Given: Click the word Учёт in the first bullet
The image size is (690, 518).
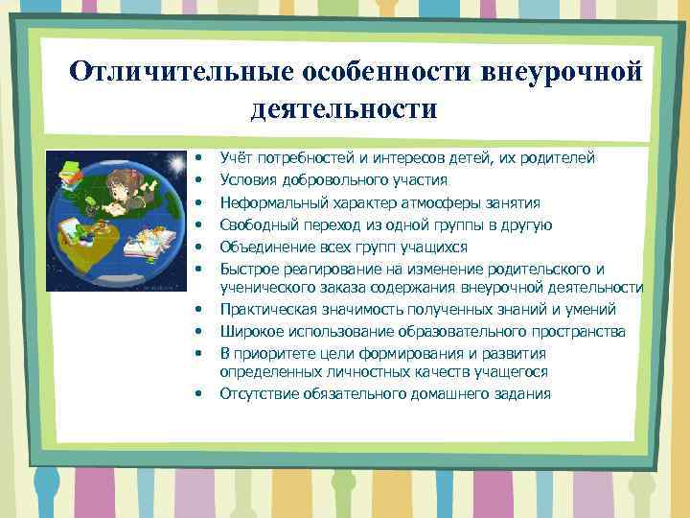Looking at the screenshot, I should click(x=237, y=157).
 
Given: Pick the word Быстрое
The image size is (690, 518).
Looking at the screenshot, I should click(x=247, y=269).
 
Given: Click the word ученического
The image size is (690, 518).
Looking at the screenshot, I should click(x=263, y=287).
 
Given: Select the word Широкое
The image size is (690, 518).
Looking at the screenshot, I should click(x=248, y=331).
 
